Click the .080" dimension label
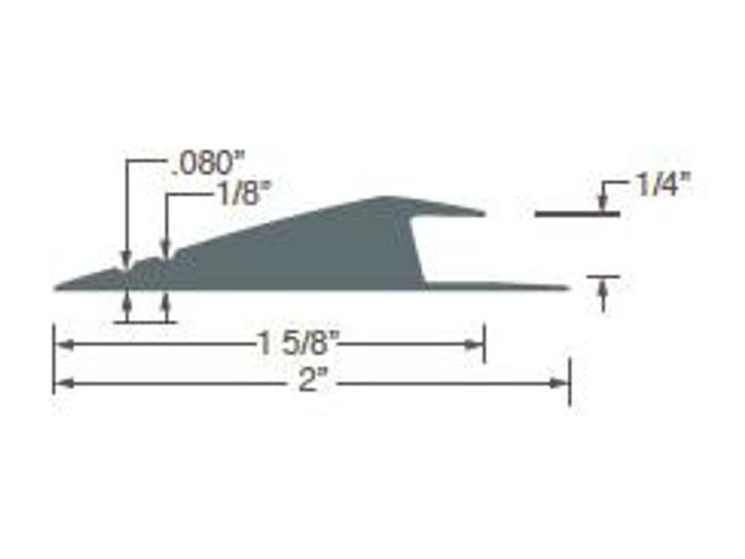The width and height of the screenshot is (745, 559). click(x=206, y=162)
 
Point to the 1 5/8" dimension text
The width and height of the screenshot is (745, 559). click(x=299, y=343)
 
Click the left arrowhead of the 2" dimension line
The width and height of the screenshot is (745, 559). click(x=65, y=382)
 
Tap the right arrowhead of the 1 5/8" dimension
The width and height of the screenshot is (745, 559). click(x=474, y=344)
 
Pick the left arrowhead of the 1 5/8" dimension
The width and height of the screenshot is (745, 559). click(x=65, y=344)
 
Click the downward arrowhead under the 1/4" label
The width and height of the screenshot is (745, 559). click(x=603, y=203)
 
